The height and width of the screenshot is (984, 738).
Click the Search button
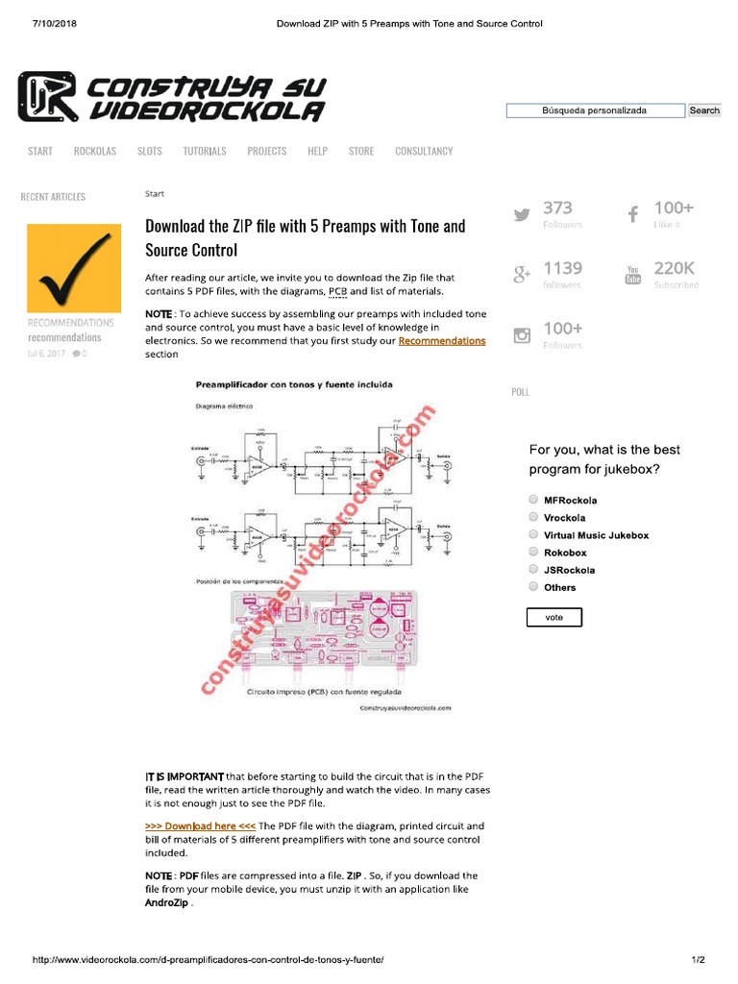pos(704,111)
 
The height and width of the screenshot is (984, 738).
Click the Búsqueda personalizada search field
pos(595,111)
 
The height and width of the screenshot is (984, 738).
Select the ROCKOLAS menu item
pos(95,151)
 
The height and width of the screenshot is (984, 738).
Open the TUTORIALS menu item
pos(205,151)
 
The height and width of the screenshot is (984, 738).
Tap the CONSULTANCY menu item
pos(424,151)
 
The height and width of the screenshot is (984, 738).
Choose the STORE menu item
pos(361,151)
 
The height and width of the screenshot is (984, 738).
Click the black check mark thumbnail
pos(74,268)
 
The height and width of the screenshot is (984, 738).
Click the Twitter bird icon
pos(522,215)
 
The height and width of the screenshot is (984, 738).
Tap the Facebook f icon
pos(633,214)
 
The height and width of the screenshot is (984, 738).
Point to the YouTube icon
pos(633,275)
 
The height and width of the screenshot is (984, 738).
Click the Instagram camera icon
pos(522,335)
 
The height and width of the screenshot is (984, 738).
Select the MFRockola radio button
pos(533,500)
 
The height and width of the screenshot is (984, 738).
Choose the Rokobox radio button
pos(533,552)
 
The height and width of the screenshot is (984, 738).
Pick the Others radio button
pos(533,586)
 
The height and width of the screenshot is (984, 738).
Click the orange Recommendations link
pos(442,341)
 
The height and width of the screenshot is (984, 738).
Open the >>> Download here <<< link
pos(200,826)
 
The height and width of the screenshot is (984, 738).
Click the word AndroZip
pos(168,903)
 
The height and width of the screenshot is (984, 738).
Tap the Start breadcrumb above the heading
pos(155,194)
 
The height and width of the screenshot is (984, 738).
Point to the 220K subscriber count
pos(675,268)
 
